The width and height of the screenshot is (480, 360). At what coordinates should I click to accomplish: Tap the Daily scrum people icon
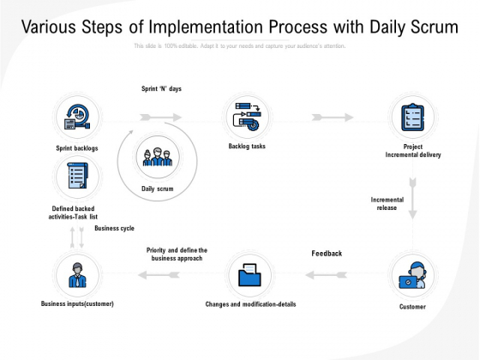159,158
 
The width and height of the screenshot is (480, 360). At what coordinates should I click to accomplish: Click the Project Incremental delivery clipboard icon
413,117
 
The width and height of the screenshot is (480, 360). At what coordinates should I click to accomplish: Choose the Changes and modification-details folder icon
251,276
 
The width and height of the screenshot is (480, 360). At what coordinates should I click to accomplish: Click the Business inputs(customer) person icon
75,276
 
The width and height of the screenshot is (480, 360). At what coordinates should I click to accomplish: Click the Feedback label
326,254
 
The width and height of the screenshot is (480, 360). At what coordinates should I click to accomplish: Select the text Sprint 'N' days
161,88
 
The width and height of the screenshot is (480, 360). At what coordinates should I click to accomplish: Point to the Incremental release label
387,203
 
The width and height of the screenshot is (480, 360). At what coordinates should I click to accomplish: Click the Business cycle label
114,228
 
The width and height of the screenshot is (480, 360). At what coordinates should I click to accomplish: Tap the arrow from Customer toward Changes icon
323,276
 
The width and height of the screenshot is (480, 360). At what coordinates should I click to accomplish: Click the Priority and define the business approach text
177,254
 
